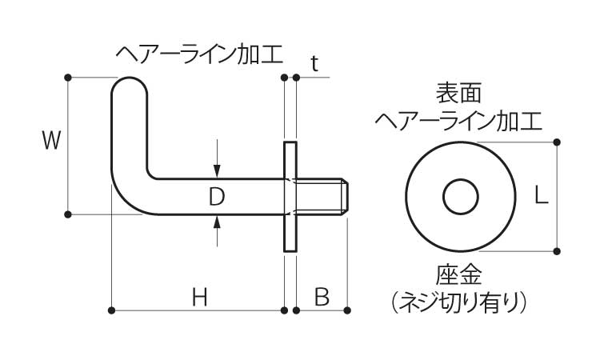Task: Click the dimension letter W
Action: click(50, 142)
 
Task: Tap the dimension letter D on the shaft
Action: click(217, 196)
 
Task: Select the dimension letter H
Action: click(200, 298)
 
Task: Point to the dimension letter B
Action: click(322, 298)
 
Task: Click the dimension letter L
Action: click(541, 196)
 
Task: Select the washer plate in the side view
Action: click(290, 197)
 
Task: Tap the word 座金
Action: click(459, 276)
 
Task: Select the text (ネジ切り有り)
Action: click(459, 302)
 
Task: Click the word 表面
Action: click(459, 93)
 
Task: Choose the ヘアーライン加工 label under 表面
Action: click(459, 121)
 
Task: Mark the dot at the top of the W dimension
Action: click(67, 78)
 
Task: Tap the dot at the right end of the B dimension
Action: click(347, 309)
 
